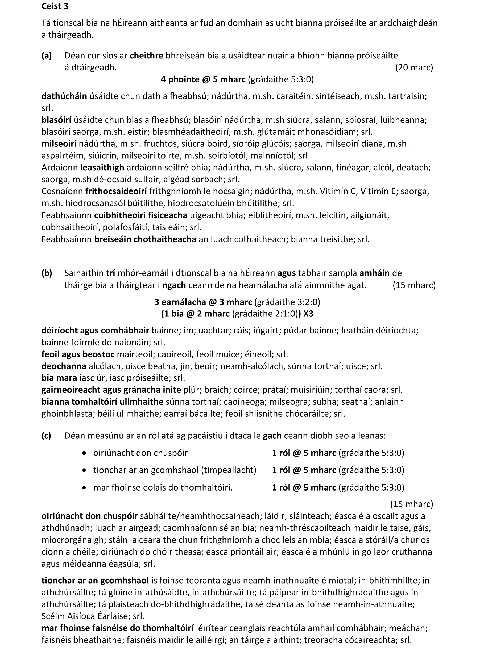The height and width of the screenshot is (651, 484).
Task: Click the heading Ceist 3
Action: click(55, 6)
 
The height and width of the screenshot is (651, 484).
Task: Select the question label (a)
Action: click(47, 56)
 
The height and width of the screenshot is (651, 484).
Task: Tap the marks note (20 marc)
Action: click(414, 67)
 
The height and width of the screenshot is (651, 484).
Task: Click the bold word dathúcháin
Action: click(64, 96)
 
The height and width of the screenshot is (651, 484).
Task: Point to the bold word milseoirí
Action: click(59, 144)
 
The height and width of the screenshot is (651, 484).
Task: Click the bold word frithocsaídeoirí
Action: click(116, 191)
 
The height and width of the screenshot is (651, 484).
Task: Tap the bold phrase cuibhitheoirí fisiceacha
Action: click(141, 215)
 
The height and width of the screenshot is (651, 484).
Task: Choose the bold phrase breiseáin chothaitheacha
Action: click(145, 239)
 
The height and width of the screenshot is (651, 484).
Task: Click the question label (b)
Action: click(47, 273)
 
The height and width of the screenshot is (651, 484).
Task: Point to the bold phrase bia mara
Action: click(59, 378)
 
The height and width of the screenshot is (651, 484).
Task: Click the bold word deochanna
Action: click(64, 366)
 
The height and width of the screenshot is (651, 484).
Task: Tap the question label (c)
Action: click(46, 436)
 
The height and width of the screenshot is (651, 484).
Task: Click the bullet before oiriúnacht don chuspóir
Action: click(84, 453)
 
